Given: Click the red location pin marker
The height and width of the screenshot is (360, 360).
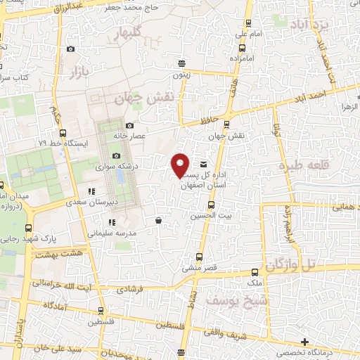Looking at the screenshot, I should pyautogui.click(x=181, y=165).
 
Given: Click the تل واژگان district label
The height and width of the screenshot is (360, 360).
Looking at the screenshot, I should pyautogui.click(x=292, y=265).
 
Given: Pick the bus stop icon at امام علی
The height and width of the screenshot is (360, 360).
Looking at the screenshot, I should pyautogui.click(x=242, y=48).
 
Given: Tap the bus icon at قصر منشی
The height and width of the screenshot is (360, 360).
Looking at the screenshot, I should pyautogui.click(x=200, y=257).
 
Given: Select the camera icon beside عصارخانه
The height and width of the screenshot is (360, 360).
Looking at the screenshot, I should pyautogui.click(x=129, y=125).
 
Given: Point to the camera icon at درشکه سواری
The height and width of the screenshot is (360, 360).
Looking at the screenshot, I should pyautogui.click(x=116, y=156).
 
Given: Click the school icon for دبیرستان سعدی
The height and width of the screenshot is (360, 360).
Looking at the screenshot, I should pyautogui.click(x=91, y=191).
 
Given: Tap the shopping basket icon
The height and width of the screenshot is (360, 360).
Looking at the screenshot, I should pyautogui.click(x=158, y=220).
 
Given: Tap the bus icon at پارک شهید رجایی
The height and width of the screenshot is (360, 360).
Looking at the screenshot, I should pyautogui.click(x=28, y=228).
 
